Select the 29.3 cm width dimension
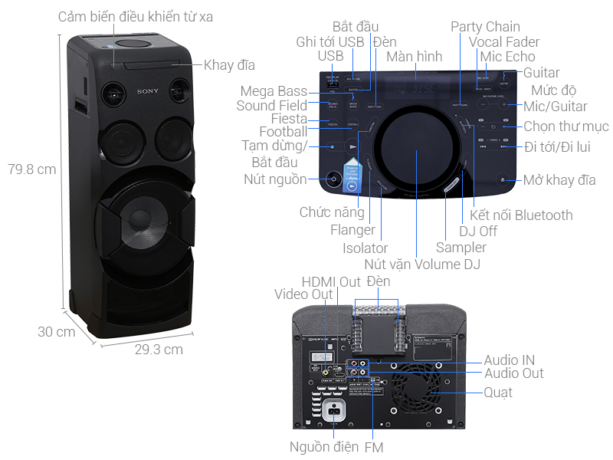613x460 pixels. point(159,350)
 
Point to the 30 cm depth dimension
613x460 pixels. point(56,332)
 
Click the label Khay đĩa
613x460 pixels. point(229,65)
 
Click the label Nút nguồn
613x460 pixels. point(275,179)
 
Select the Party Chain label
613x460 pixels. point(485,27)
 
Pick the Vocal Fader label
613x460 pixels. point(504,42)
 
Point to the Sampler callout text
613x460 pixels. point(461,247)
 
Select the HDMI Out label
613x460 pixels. point(331,281)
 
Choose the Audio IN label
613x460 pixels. point(509,360)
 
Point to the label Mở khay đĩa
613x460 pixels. point(559,180)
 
